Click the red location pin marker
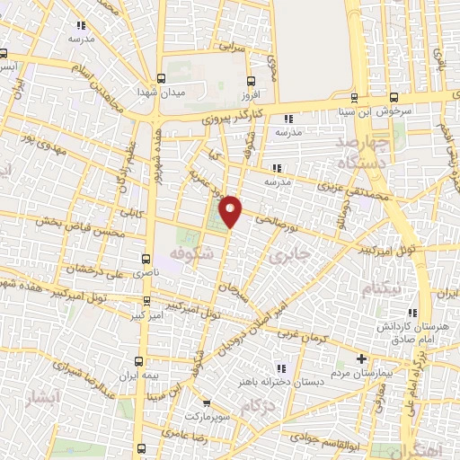point(231,210)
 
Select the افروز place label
point(250,93)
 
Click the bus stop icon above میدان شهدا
point(160,78)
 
